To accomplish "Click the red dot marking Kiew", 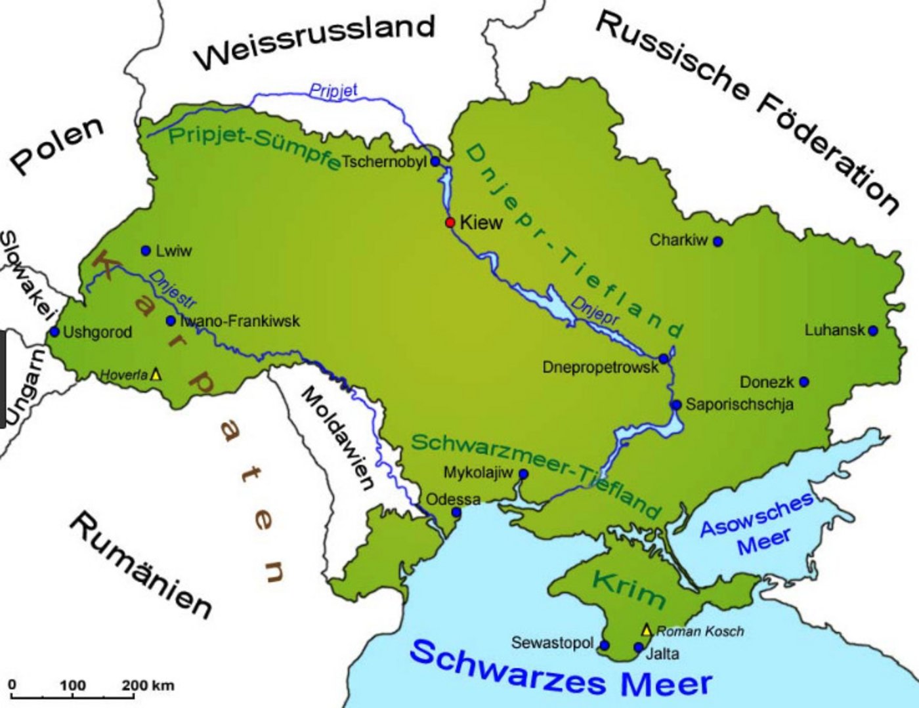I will pos(450,222).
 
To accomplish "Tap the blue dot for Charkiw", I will pos(717,241).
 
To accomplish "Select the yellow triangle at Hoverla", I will pos(156,374).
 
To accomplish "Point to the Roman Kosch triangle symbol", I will pos(647,630).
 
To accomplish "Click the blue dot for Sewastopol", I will pos(604,645).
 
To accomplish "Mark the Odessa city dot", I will pos(456,512).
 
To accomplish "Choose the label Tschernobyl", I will pos(384,161).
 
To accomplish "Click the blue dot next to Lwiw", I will pos(146,251).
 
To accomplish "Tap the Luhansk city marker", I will pos(872,331).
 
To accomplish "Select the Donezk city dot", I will pos(804,382).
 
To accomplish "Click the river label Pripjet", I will pos(333,90).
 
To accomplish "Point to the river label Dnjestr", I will pos(172,289).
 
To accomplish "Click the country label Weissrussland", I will pos(315,43).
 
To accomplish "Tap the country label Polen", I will pos(57,146).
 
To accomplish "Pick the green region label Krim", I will pos(629,588).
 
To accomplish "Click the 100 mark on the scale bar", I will pos(73,686).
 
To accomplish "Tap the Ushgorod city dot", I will pos(54,332).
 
